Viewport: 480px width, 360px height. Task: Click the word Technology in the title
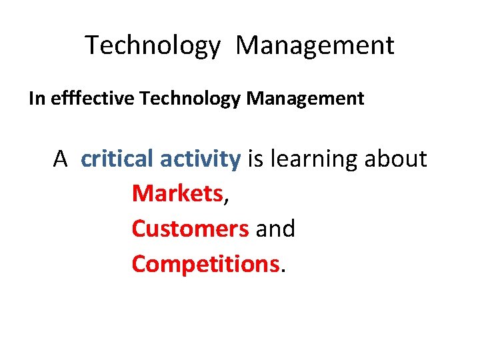153,46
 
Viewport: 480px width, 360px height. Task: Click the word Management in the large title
315,46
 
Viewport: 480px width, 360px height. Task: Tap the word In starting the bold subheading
35,99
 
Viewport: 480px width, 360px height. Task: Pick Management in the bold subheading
305,99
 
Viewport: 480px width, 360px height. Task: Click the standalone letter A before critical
61,159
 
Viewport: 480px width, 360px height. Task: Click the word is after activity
255,159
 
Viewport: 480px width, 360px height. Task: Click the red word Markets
177,194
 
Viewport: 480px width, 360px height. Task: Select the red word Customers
190,229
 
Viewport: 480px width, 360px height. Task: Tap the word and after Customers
275,229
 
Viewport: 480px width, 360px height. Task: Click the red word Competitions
205,264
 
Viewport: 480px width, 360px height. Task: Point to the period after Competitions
283,271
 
